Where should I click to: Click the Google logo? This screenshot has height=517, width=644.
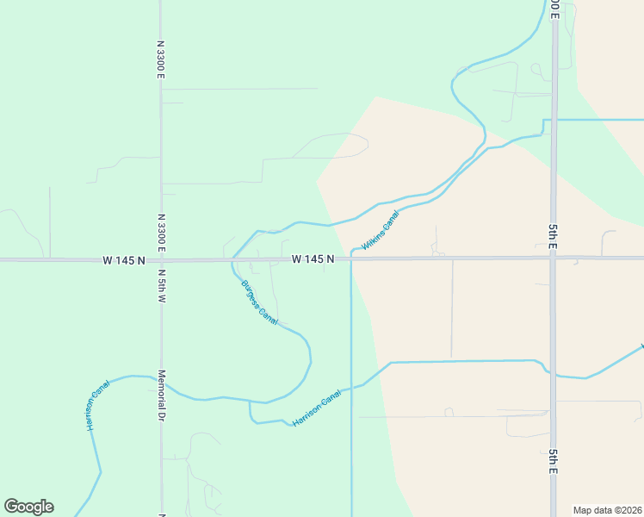point(28,507)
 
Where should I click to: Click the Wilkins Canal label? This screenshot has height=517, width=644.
point(381,233)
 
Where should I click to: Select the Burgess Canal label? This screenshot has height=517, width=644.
point(259,302)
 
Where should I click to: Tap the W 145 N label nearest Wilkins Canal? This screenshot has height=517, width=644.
point(313,258)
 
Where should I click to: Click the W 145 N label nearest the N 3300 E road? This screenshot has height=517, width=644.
point(124,259)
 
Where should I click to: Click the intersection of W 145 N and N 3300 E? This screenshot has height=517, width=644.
point(161,259)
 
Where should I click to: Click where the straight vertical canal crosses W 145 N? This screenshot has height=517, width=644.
point(351,258)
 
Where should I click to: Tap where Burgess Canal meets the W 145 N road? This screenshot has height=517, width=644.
point(232,258)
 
